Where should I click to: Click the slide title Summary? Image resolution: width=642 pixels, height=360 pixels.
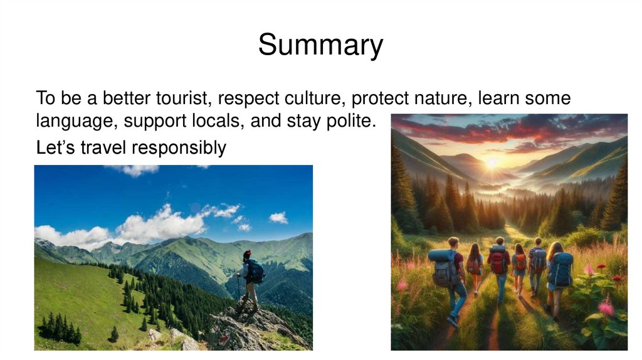click(x=320, y=45)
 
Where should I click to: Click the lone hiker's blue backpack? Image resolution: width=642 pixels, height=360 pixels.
click(x=256, y=271)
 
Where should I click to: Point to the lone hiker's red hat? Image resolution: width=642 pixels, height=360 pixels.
click(x=246, y=254)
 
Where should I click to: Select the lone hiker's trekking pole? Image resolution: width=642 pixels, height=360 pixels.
click(x=239, y=289)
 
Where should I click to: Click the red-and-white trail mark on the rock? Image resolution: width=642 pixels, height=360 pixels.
click(x=224, y=339)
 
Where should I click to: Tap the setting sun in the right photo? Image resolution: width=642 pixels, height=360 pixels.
click(x=492, y=162)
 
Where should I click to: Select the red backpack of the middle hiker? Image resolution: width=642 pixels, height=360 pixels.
click(x=498, y=262)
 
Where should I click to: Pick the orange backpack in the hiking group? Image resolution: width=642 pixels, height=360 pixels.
click(x=520, y=262)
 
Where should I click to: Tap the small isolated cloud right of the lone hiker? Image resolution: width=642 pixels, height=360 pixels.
click(x=278, y=217)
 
